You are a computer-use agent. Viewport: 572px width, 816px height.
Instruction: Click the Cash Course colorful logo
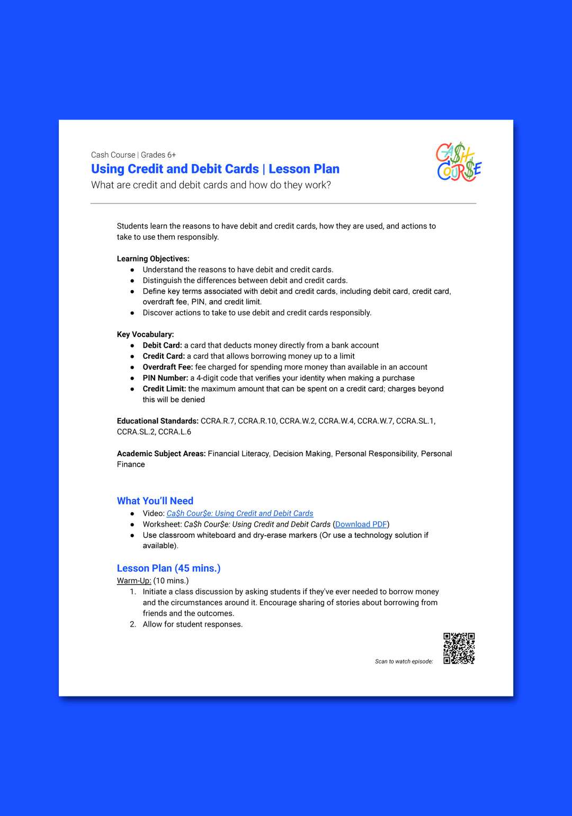tap(459, 162)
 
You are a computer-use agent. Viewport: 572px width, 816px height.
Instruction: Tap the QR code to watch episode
tap(459, 648)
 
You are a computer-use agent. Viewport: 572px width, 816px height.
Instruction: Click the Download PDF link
tap(361, 524)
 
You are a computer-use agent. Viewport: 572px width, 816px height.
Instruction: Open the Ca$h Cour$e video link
tap(239, 513)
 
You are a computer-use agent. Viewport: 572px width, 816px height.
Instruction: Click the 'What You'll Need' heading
tap(155, 501)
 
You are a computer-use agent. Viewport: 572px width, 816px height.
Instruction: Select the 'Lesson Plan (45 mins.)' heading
tap(168, 568)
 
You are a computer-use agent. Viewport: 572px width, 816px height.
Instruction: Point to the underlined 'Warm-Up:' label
tap(134, 581)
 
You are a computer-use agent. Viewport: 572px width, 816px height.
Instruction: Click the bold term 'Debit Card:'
tap(162, 346)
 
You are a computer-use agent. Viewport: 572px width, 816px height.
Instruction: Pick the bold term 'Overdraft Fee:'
tap(167, 367)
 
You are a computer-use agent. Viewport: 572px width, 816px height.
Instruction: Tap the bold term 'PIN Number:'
tap(165, 378)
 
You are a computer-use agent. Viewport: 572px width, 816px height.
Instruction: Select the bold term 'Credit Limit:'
tap(164, 389)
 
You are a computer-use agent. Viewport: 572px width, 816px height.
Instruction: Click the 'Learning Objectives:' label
tap(153, 259)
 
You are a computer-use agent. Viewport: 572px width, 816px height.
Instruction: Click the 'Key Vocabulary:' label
tap(145, 334)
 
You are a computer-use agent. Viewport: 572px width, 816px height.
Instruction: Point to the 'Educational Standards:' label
tap(157, 421)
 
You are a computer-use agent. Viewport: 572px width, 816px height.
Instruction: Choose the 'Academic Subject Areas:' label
tap(161, 454)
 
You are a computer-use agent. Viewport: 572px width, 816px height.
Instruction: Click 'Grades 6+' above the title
tap(158, 155)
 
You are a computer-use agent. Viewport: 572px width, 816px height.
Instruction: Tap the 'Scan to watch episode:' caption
tap(404, 661)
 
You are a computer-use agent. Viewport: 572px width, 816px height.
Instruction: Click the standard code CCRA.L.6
tap(174, 432)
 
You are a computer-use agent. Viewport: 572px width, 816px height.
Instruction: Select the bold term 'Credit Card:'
tap(164, 356)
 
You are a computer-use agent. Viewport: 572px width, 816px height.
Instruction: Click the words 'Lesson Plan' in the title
tap(304, 169)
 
